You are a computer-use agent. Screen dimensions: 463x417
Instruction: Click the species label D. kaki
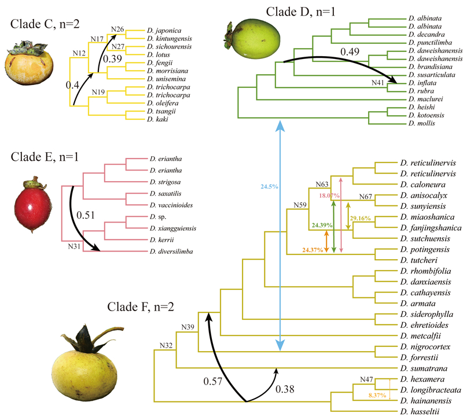[x=157, y=119]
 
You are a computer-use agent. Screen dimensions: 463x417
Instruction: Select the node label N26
[x=117, y=29]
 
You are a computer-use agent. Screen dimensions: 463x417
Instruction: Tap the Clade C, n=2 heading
[x=45, y=24]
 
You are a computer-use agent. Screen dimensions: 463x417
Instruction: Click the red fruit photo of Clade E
[x=33, y=205]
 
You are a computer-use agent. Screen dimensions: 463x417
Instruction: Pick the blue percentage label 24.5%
[x=269, y=186]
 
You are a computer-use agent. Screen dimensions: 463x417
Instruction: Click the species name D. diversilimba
[x=171, y=252]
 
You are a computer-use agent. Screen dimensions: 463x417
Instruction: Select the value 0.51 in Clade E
[x=85, y=215]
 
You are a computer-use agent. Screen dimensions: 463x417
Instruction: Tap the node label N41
[x=378, y=83]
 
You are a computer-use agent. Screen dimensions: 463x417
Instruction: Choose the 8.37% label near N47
[x=377, y=395]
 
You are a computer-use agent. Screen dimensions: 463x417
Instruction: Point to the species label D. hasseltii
[x=420, y=411]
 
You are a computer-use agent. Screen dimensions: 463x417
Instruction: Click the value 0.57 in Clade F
[x=212, y=381]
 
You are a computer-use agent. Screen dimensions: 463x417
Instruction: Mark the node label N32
[x=166, y=345]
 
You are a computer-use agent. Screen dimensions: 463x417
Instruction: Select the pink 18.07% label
[x=329, y=195]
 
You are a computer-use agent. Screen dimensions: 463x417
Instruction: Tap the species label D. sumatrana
[x=424, y=368]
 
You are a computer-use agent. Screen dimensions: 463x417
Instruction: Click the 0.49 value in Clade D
[x=350, y=51]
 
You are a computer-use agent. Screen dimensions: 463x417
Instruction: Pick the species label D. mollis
[x=422, y=123]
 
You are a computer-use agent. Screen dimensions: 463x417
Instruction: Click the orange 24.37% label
[x=313, y=250]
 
